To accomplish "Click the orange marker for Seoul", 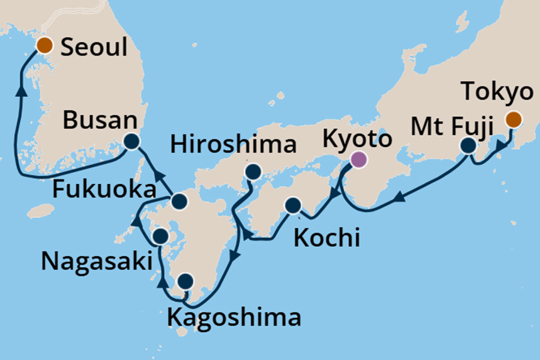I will pos(44,45).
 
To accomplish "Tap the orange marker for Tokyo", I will pos(514,119).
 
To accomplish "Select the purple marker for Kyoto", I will pos(358,160).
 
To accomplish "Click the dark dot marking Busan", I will pos(131,142).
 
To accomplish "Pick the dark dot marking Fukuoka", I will pos(180,201).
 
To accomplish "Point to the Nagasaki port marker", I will pos(160,236).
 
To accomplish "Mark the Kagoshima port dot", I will pos(185,281).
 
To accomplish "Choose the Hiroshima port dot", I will pos(253,172).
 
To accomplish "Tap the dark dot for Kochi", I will pos(293,205).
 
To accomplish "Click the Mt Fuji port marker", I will pos(468,146).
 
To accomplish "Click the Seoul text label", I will pos(94,46).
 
